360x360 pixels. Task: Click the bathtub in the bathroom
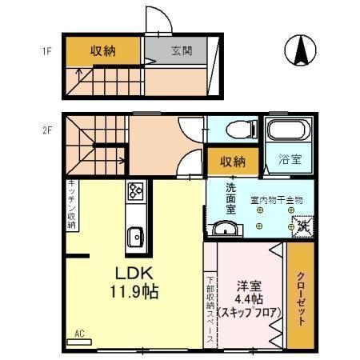point(286,131)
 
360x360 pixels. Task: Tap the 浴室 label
point(290,159)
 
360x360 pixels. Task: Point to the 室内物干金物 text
point(277,199)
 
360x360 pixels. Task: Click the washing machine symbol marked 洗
point(302,227)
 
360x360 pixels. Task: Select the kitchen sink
point(134,237)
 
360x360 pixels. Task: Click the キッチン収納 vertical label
point(71,205)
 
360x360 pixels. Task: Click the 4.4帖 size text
point(249,299)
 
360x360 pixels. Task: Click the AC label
point(79,333)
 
